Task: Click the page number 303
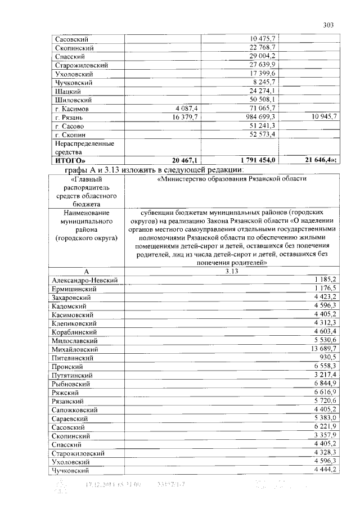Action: coord(329,24)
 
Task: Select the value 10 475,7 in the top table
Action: coord(262,39)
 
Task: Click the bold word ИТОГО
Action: coord(69,161)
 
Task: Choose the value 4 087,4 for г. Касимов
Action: coord(186,109)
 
